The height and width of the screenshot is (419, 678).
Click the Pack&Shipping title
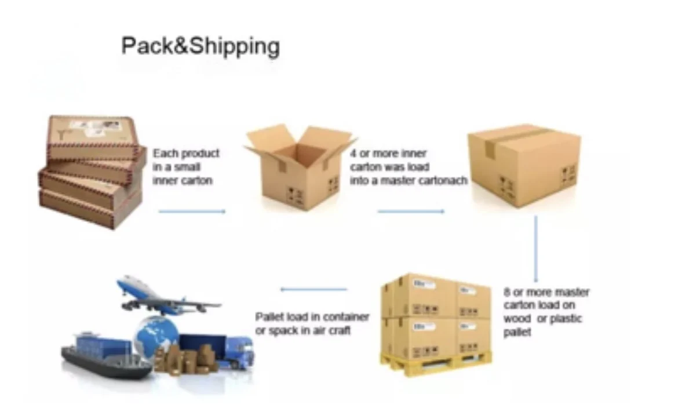coord(200,46)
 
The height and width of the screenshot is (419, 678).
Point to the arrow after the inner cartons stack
coord(192,212)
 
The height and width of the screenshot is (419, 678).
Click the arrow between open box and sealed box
coord(411,212)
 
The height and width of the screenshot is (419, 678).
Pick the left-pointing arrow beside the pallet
coord(314,289)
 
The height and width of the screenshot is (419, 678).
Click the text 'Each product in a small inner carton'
coord(186,167)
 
